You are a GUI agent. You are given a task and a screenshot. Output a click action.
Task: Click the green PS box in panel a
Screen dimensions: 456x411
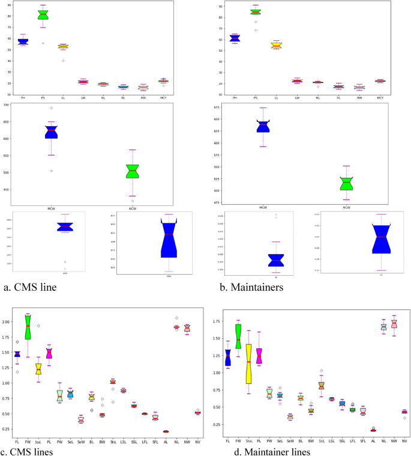(x=43, y=15)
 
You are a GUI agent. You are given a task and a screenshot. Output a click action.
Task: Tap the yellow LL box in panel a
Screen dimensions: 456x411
(x=63, y=46)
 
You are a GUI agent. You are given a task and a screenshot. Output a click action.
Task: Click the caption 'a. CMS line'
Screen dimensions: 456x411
(x=31, y=287)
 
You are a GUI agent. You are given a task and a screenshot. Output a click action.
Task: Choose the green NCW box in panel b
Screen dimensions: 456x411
(x=347, y=184)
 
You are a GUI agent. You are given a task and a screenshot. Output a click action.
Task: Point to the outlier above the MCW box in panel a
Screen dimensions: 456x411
(x=52, y=108)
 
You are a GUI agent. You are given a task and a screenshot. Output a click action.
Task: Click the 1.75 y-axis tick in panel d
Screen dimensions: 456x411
(x=213, y=321)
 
